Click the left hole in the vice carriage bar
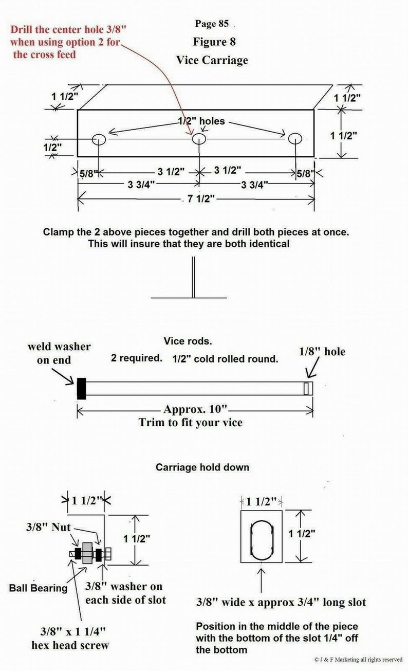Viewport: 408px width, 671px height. pos(98,139)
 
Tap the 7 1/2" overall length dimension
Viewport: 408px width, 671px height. pos(196,199)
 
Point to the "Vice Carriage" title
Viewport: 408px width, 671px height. pos(212,60)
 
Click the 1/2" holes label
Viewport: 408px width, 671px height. pos(201,122)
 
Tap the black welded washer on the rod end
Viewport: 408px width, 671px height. pos(81,388)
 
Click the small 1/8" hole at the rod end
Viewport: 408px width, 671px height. pos(308,388)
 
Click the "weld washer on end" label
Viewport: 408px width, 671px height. pos(59,353)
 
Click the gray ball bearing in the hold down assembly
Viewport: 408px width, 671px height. pos(88,553)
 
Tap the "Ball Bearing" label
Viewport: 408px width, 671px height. pos(38,588)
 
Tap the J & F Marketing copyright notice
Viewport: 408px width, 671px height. pos(358,659)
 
